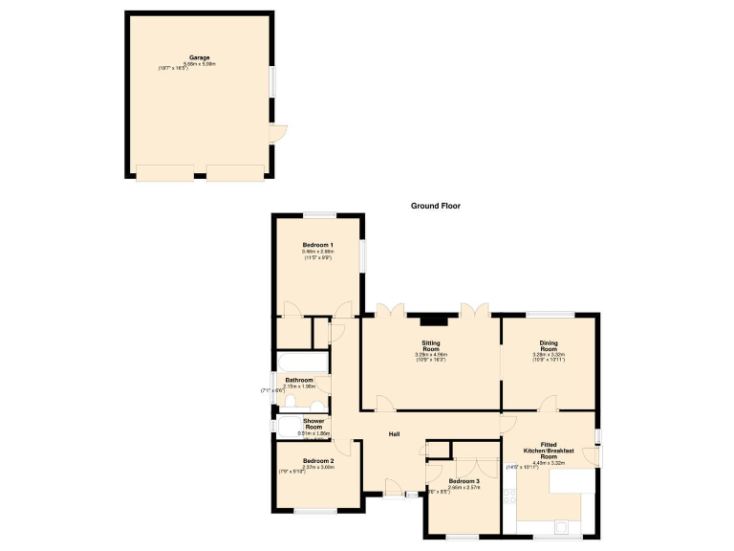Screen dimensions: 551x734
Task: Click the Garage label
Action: (200, 57)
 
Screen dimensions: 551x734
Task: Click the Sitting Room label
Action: (432, 345)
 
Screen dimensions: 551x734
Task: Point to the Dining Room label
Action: (549, 345)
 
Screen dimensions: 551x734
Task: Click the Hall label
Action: (394, 434)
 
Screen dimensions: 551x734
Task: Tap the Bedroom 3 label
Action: (464, 480)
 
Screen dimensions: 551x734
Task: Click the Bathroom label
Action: (299, 380)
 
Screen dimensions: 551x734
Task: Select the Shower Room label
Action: (314, 424)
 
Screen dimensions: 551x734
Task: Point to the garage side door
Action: (276, 134)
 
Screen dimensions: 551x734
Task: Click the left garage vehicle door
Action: (164, 172)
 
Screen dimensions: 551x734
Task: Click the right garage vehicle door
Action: (235, 172)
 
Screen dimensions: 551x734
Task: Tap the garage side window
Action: (271, 80)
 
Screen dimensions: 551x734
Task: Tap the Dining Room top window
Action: (550, 314)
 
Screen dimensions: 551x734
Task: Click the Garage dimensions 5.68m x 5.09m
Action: (200, 64)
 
